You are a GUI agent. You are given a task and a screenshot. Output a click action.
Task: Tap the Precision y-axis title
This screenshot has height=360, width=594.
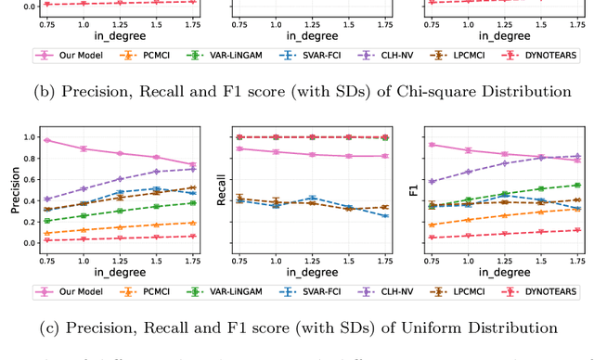(x=16, y=189)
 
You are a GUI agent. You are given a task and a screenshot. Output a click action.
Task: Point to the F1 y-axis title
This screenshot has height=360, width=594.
(x=413, y=189)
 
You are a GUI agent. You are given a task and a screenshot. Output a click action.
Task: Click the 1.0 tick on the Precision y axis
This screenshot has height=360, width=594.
(x=32, y=137)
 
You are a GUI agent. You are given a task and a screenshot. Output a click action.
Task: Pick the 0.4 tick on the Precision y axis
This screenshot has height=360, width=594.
(x=32, y=200)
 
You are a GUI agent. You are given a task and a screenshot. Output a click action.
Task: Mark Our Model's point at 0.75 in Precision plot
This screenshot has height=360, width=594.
(x=47, y=140)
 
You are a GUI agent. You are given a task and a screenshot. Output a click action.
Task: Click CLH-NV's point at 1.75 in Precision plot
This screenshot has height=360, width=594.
(x=193, y=169)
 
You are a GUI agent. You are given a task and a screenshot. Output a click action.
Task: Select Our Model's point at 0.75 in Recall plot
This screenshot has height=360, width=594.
(x=240, y=148)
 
